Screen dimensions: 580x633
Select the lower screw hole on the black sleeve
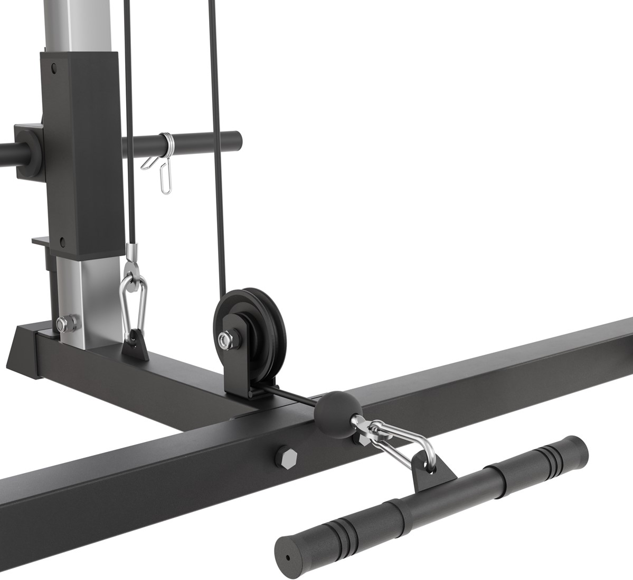(63, 242)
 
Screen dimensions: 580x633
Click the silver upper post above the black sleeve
(79, 24)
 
